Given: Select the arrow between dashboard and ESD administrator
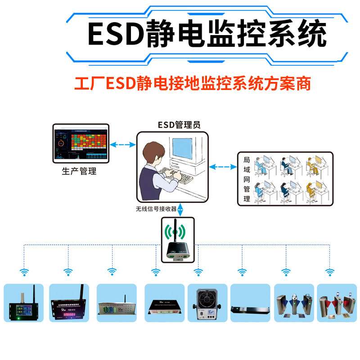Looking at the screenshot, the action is click(x=123, y=144).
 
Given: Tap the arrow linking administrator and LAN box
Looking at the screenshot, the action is click(x=223, y=167).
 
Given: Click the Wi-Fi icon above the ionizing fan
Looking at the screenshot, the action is click(x=198, y=272).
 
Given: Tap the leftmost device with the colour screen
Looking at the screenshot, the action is click(x=23, y=306).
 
